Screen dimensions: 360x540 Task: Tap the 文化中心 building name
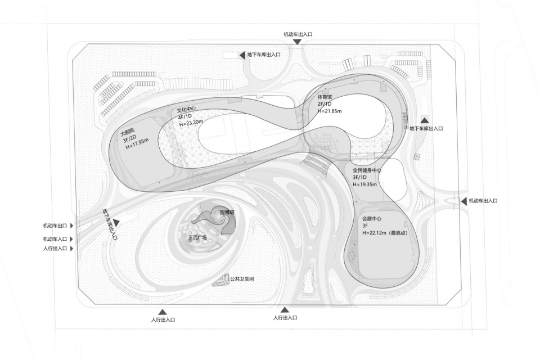coord(188,110)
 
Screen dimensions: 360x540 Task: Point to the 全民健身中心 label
coord(367,170)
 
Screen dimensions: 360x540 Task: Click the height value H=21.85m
coord(330,111)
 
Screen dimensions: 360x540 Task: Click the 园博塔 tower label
coord(226,212)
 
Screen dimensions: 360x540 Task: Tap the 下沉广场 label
coord(197,237)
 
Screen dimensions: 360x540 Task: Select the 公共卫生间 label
coord(242,278)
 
